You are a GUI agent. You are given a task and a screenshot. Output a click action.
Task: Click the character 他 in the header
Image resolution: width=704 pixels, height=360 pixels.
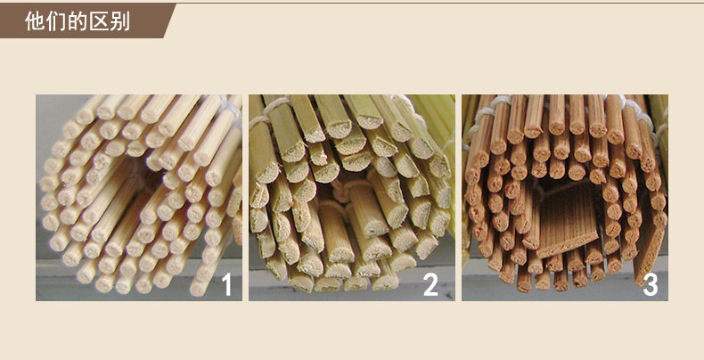[x=33, y=21]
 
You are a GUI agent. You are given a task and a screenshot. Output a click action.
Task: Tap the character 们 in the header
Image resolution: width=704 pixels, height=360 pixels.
[x=54, y=21]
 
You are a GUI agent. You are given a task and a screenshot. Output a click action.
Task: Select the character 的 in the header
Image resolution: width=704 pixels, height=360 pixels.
[x=77, y=21]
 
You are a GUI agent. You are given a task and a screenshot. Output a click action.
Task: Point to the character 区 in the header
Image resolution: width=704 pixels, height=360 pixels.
[x=98, y=21]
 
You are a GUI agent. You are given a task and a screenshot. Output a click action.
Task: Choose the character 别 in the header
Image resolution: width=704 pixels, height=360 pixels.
[x=119, y=21]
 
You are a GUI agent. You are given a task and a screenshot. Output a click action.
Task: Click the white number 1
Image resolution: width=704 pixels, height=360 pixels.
[x=226, y=284]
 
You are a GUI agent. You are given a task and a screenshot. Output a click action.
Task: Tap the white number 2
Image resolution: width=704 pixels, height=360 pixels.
[x=430, y=284]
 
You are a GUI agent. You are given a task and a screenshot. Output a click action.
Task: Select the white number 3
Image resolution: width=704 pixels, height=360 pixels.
[x=651, y=284]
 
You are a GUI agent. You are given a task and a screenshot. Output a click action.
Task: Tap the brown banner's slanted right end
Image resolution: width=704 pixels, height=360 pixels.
[x=169, y=20]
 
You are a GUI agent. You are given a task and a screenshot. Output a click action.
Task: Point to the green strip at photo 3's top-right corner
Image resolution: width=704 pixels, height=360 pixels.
[x=659, y=117]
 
